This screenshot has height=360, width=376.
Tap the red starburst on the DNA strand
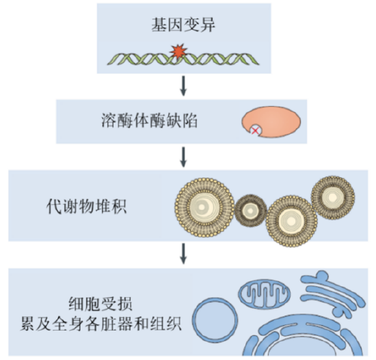pos(178,52)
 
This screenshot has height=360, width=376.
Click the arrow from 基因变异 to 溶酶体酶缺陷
pos(183,86)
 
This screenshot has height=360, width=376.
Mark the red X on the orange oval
pos(255,129)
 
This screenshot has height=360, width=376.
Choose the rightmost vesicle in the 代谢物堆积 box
pos(333,198)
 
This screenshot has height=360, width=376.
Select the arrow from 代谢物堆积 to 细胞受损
pos(183,254)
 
